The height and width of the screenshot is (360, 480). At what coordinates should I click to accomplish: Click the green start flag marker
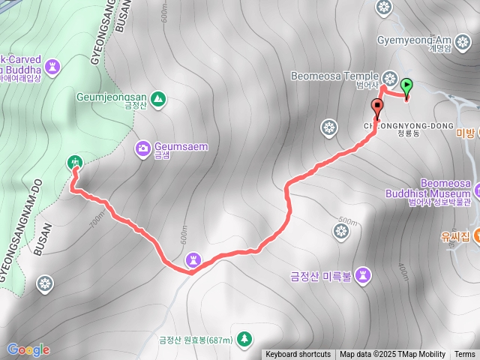point(406,86)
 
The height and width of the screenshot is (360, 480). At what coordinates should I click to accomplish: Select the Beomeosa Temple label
point(337,76)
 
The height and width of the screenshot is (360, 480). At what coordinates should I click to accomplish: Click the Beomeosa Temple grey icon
point(390,77)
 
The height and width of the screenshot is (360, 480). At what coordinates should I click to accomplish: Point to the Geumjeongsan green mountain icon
point(158,97)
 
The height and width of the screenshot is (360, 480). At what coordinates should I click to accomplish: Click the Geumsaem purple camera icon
point(142,148)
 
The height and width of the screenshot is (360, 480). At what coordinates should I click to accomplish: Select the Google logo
point(28,349)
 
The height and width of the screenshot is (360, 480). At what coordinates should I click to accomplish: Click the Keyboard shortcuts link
point(298,355)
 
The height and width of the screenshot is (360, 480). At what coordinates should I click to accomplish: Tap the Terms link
point(464,355)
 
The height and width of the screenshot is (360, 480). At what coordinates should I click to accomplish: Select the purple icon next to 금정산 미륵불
point(364,274)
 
